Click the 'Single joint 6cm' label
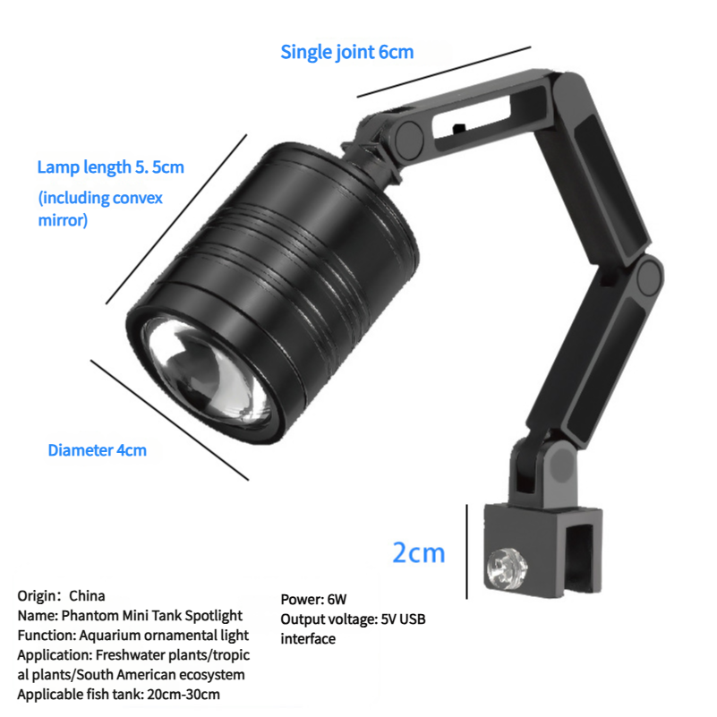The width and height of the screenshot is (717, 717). [x=347, y=52]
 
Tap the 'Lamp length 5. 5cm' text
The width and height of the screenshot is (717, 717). [x=111, y=167]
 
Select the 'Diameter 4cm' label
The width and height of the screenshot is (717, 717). [x=98, y=450]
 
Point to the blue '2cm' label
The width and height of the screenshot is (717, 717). [x=418, y=552]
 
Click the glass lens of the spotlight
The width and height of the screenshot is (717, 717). [x=206, y=371]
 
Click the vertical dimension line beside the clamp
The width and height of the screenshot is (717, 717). [x=467, y=551]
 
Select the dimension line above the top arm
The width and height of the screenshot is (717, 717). [x=444, y=72]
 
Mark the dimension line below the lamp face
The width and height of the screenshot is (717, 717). [x=169, y=420]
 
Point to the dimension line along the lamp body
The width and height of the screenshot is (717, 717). [x=176, y=219]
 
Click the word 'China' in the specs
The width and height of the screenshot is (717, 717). [x=87, y=596]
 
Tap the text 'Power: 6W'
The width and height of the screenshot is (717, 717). [x=313, y=599]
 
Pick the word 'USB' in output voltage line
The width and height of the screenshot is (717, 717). [x=413, y=619]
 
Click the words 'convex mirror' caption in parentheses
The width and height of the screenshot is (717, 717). [x=100, y=209]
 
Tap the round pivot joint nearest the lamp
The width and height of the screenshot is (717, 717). [x=409, y=137]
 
